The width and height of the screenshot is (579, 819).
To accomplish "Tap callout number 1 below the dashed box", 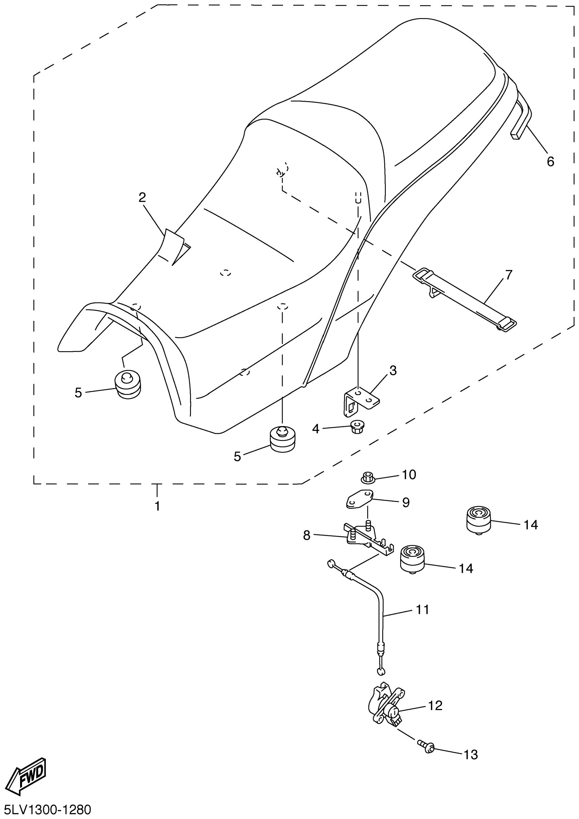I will (157, 506).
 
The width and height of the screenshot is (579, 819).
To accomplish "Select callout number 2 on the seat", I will (142, 197).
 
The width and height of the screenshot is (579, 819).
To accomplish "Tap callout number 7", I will (509, 275).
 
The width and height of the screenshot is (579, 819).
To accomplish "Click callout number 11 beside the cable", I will (422, 610).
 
